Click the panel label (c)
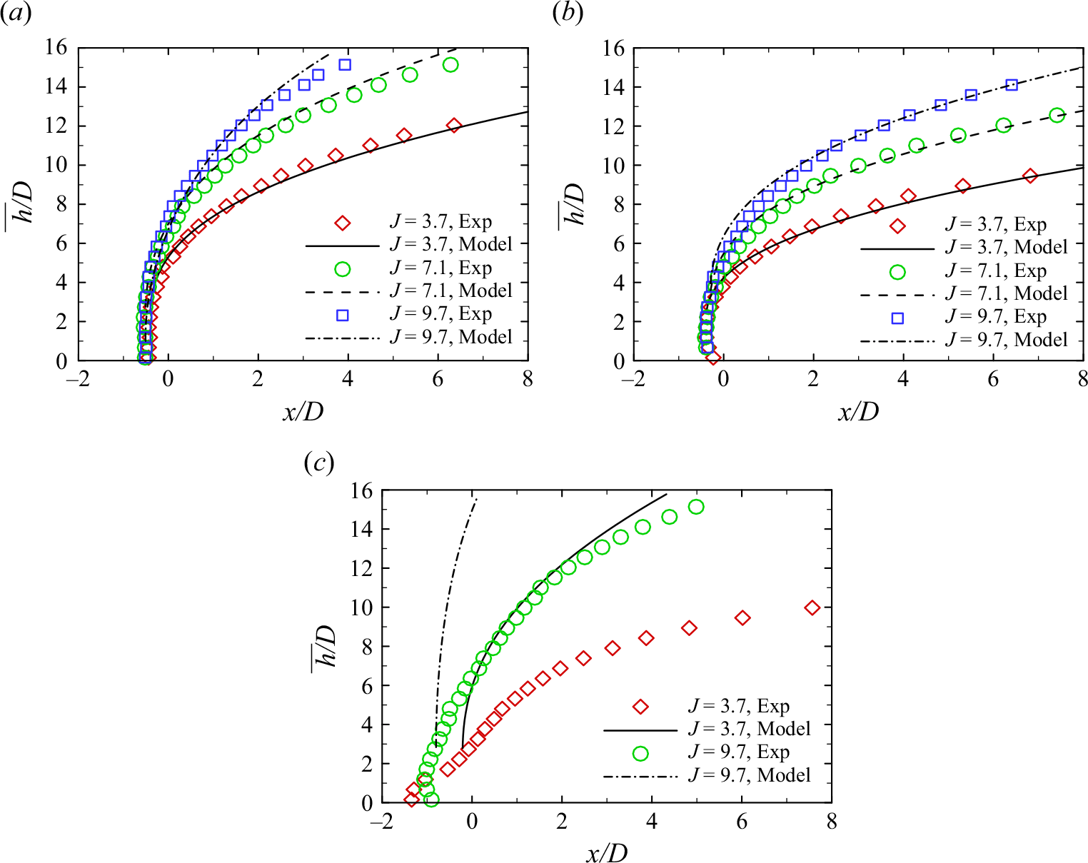tap(318, 463)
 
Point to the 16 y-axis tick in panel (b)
tap(614, 48)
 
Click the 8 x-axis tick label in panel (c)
tap(832, 822)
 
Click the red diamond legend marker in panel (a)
tap(343, 223)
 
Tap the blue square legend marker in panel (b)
tap(897, 318)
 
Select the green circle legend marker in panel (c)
tap(640, 754)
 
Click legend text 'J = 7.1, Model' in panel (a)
tap(450, 291)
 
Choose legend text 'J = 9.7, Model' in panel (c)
tap(749, 775)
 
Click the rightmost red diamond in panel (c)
tap(812, 607)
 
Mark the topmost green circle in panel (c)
tap(696, 507)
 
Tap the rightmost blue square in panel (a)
tap(345, 65)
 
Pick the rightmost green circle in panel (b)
tap(1057, 115)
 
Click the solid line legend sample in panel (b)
tap(897, 249)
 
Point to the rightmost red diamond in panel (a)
tap(454, 126)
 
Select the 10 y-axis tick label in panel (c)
tap(363, 607)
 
